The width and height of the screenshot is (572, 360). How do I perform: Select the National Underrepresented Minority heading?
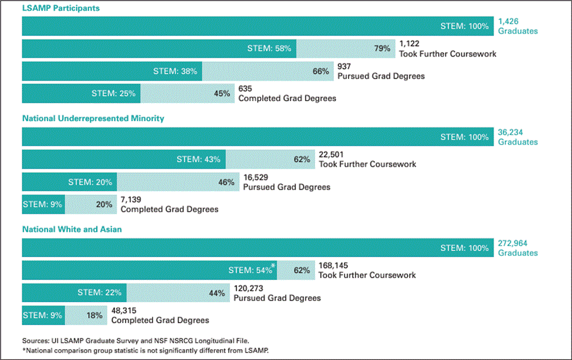click(93, 118)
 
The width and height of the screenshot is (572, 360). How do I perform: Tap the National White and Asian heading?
click(72, 229)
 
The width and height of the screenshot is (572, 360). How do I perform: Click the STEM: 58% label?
click(269, 49)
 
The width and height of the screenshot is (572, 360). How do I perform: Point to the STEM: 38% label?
click(175, 71)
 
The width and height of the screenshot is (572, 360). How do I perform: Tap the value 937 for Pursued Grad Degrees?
click(345, 66)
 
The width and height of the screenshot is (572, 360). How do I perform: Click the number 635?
click(245, 89)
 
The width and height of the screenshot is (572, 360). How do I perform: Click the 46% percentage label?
click(226, 182)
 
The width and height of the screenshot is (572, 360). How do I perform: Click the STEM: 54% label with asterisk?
click(250, 270)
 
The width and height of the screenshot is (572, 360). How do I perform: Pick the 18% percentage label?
click(94, 315)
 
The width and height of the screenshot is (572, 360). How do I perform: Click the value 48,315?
click(125, 310)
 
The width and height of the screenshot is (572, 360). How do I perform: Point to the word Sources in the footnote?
click(35, 340)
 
